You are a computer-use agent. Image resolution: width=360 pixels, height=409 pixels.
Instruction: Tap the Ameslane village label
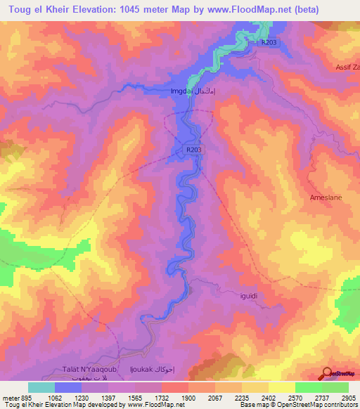point(326,197)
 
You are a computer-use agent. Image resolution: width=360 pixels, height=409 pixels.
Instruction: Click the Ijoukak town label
point(152,370)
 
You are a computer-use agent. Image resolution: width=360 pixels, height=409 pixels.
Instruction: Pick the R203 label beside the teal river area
point(269,43)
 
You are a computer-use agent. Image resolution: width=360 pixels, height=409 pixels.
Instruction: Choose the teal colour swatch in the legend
point(41,387)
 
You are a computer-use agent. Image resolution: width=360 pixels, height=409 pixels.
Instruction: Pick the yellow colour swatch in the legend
point(282,387)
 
